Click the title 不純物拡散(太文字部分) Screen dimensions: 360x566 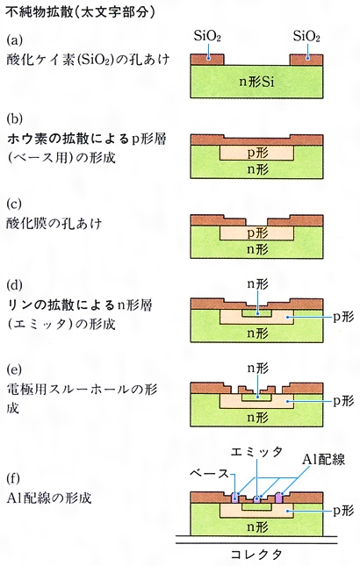(80, 12)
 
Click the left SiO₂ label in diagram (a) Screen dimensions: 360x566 (207, 36)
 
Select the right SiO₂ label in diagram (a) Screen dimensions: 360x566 (306, 36)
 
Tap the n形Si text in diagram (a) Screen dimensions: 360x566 (256, 82)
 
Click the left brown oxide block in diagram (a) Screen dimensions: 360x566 (207, 60)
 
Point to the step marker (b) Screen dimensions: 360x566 (14, 118)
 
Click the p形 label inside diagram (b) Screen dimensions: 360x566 (257, 153)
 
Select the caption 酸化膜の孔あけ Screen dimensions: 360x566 (54, 224)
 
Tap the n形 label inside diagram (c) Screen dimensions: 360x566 (257, 249)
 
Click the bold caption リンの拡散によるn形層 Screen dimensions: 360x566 (80, 305)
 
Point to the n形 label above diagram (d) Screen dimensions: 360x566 (257, 284)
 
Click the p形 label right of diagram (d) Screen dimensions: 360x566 (343, 317)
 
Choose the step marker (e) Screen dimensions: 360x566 (14, 369)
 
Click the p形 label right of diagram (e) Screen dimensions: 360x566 (343, 401)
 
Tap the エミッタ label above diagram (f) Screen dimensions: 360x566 (256, 452)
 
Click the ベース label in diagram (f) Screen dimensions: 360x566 (210, 473)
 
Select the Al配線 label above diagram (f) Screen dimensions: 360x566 (323, 460)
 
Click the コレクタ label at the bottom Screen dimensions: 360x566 (256, 554)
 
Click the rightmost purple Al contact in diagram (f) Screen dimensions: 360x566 (278, 497)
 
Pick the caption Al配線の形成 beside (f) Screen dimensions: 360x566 (49, 498)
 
